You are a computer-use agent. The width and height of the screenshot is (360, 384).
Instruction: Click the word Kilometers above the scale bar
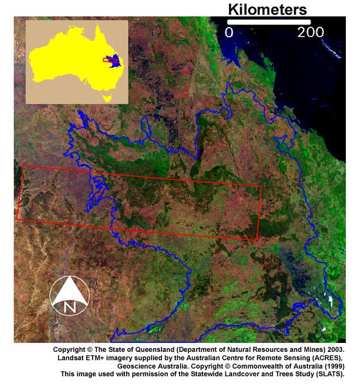coord(267,10)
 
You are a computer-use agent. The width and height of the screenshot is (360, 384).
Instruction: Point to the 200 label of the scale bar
coord(310,31)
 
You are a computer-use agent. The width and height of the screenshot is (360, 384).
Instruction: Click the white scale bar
coord(270,21)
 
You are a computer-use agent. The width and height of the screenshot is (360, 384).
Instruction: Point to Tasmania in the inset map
coord(107,99)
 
